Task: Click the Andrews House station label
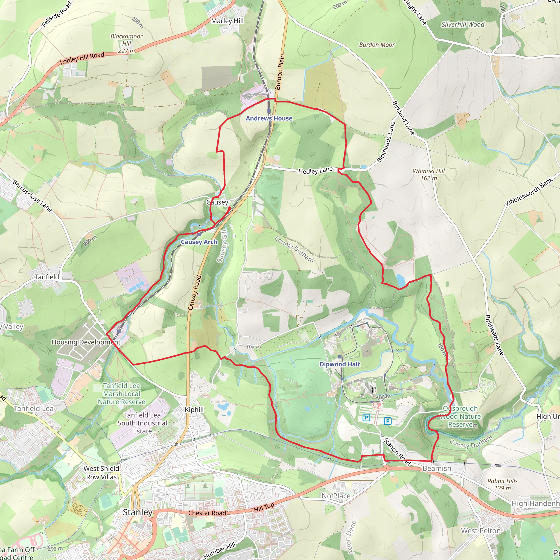269,118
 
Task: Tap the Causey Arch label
199,242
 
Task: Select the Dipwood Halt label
340,364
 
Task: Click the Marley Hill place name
227,21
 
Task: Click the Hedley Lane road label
315,170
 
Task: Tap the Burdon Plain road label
280,72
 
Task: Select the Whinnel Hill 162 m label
428,174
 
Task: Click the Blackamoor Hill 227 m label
126,43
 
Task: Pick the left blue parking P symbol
366,418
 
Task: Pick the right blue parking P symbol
387,421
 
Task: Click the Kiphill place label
194,410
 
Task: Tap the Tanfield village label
47,277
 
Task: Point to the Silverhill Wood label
463,24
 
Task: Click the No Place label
336,496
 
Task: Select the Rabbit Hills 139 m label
502,484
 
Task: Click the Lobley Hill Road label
82,58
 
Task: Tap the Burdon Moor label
377,45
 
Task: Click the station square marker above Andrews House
269,111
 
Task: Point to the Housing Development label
86,342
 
